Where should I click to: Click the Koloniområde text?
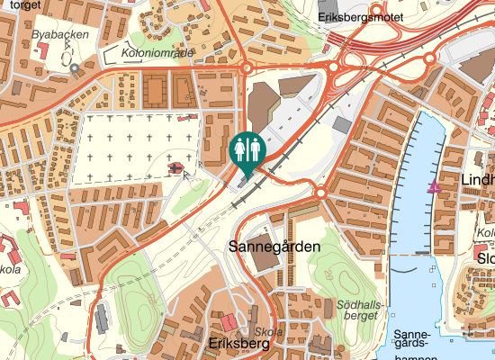(156, 53)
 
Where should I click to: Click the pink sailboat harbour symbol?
(435, 185)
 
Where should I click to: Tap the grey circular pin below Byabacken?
(74, 67)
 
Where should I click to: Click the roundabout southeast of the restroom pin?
(320, 193)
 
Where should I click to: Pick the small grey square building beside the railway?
(343, 124)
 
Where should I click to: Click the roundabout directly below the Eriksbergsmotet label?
(333, 66)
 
